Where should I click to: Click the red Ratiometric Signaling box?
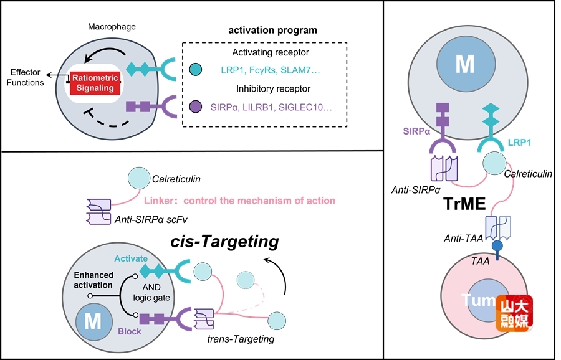[93, 83]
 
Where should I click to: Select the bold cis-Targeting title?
[225, 241]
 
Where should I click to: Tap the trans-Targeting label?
[241, 339]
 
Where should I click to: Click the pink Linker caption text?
[239, 201]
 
